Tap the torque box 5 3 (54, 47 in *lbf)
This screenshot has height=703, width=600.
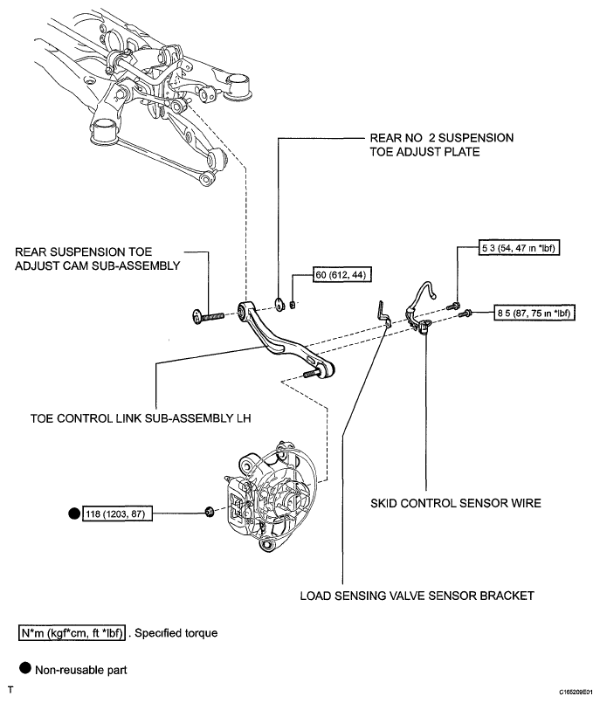click(x=520, y=248)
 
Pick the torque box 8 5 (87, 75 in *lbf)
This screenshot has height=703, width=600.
click(x=534, y=313)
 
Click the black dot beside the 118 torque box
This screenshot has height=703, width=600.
click(x=74, y=513)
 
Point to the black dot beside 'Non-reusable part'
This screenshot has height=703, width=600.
click(x=25, y=668)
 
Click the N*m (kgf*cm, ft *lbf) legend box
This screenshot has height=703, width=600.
click(x=72, y=633)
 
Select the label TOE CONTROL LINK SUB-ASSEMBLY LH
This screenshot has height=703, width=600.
click(x=141, y=418)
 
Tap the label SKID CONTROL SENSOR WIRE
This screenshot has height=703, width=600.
click(x=456, y=503)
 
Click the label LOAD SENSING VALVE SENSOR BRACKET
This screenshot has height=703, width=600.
click(x=417, y=596)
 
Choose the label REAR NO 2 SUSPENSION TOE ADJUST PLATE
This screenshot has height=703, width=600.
click(x=442, y=145)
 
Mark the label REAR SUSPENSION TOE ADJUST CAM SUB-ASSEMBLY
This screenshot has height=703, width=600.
click(x=97, y=258)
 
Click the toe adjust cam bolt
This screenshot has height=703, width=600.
click(x=208, y=316)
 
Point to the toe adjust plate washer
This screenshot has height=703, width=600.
click(x=279, y=304)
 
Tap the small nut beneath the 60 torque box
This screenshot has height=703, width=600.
click(x=292, y=305)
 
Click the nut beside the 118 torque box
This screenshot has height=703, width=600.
click(x=209, y=512)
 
